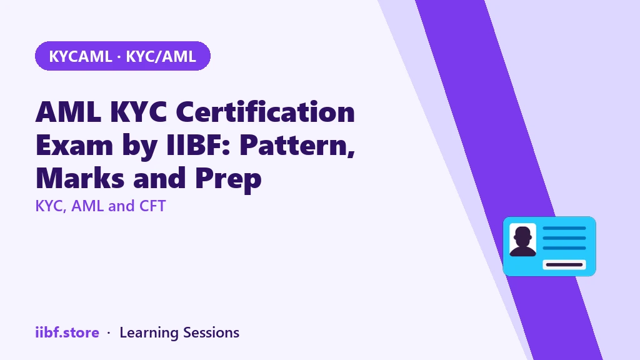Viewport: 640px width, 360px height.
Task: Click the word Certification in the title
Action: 265,111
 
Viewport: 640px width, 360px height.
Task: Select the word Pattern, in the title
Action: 297,145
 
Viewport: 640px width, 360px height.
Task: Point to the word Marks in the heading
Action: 80,177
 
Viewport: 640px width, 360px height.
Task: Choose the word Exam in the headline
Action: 74,144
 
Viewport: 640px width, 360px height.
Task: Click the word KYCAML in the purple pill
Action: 81,56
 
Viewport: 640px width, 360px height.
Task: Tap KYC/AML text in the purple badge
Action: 161,56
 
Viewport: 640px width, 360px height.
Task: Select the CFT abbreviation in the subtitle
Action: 152,206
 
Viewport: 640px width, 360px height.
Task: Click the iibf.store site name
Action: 67,332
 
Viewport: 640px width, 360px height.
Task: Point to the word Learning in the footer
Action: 149,333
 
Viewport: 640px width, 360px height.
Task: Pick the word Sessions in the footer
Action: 211,332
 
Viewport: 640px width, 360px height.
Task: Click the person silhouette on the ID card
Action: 523,241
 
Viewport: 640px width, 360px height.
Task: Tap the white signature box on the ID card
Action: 564,264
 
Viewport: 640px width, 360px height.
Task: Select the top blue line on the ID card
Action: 564,228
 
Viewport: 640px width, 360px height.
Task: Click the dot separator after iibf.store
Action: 109,333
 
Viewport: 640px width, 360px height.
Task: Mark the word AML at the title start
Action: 69,111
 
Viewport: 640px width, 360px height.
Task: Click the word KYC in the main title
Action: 139,111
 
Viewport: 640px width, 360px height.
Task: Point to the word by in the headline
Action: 139,146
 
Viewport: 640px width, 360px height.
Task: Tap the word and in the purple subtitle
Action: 121,206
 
